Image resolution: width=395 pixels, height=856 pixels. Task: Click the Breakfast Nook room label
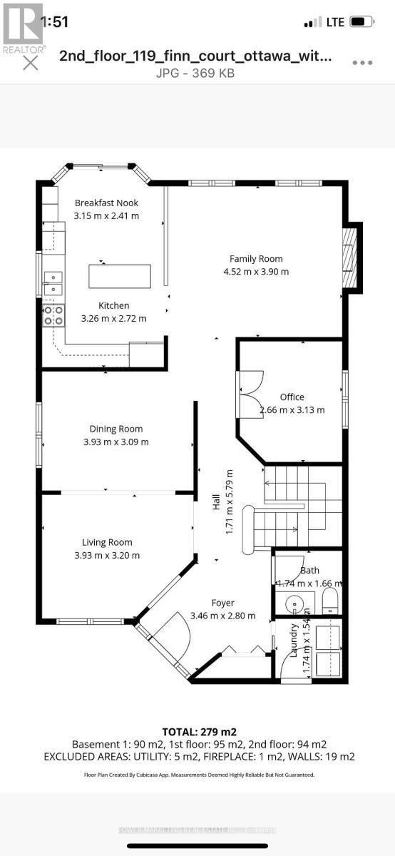point(107,203)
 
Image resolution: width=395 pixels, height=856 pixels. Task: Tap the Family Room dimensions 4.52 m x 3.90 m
point(255,272)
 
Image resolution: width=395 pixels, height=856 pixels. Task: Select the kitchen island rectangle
point(120,275)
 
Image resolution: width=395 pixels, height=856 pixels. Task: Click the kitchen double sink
point(52,283)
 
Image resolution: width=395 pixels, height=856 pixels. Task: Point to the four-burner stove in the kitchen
point(53,315)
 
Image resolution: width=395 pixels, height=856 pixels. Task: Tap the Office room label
point(292,397)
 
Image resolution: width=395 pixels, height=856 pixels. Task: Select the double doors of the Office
point(251,394)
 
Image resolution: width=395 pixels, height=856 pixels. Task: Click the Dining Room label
point(116,429)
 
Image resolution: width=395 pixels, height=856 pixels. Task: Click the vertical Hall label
point(216,503)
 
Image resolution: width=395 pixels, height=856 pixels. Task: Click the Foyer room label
point(222,603)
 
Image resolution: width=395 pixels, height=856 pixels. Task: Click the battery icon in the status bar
point(362,22)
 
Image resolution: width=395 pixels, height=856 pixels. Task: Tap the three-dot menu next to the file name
point(362,62)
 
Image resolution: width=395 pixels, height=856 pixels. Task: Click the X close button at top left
point(31,63)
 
